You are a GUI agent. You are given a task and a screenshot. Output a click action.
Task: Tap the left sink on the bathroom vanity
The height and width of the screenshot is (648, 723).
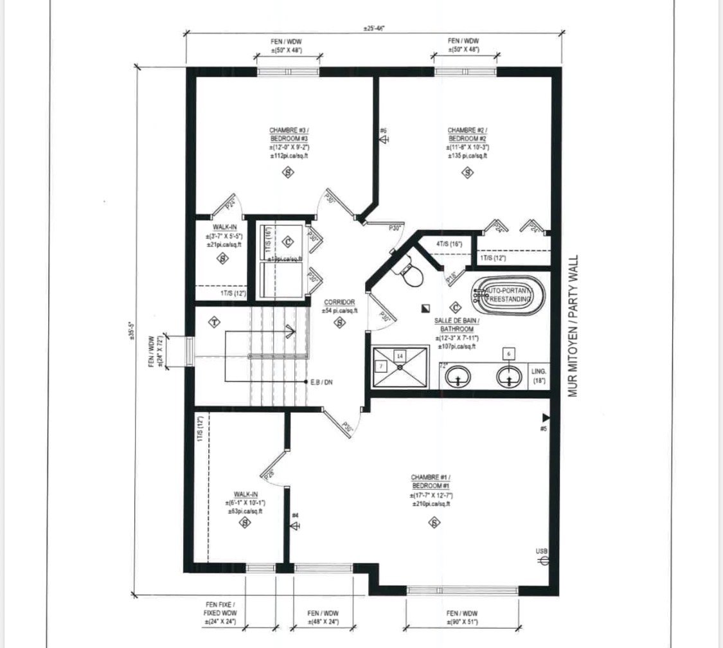click(458, 377)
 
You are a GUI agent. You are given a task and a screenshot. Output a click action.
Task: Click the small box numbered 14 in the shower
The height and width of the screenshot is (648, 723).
click(400, 355)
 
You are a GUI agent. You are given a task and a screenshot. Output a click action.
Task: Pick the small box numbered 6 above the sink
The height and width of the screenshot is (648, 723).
click(510, 354)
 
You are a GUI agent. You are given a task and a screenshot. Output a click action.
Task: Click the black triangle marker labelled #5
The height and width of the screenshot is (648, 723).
click(546, 418)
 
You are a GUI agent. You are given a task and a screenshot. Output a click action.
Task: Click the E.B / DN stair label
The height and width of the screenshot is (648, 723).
click(325, 382)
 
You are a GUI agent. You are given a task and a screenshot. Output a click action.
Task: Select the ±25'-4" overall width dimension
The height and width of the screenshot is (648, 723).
click(373, 29)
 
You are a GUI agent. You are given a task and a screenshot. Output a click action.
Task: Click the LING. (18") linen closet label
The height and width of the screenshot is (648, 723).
click(539, 376)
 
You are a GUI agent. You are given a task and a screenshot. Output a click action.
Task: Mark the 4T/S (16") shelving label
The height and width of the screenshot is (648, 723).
click(449, 244)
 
